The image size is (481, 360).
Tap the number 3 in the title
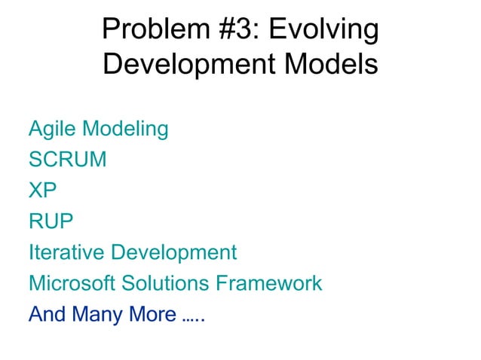click(242, 30)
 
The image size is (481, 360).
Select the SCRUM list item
click(67, 160)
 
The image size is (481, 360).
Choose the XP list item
click(43, 191)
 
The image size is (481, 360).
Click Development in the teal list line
click(173, 252)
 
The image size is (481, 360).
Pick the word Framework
click(270, 283)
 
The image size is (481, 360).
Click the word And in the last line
click(47, 314)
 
